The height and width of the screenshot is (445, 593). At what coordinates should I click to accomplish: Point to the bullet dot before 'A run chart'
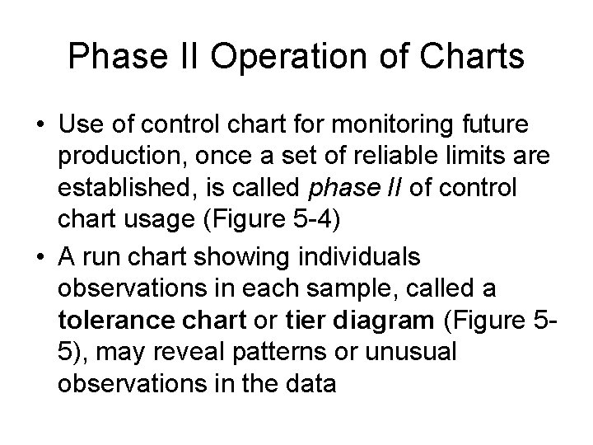40,256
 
